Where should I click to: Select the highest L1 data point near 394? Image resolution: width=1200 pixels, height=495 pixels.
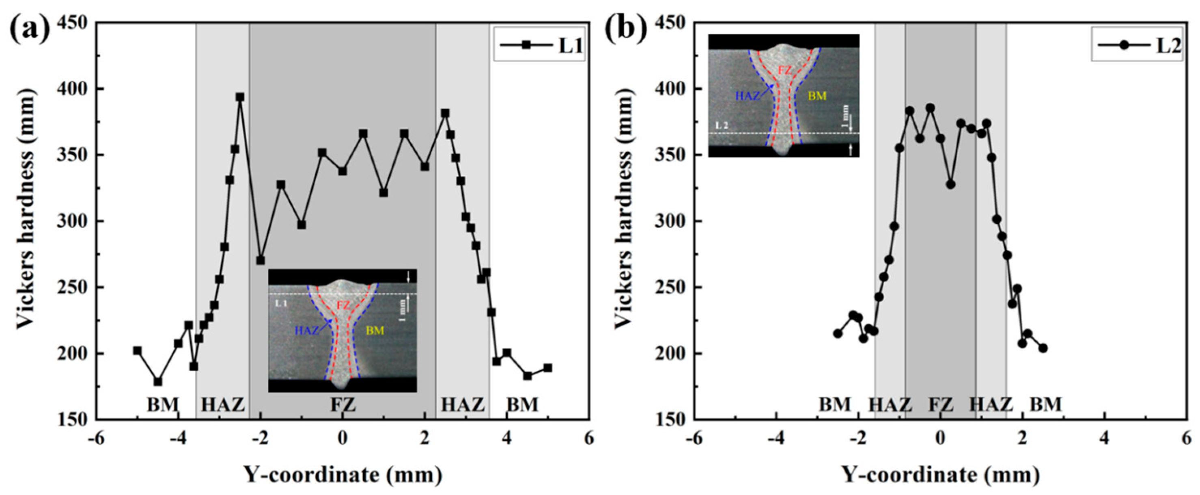coord(240,97)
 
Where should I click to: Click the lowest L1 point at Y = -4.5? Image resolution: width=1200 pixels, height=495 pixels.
coord(158,381)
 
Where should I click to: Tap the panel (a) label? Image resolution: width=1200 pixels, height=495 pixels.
coord(29,29)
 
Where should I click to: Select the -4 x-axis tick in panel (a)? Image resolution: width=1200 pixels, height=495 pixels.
coord(178,439)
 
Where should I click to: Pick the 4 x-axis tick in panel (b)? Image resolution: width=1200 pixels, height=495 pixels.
coord(1104,439)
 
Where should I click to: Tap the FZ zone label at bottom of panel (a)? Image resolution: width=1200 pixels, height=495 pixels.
coord(343,404)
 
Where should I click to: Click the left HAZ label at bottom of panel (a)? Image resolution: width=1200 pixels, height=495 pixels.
coord(223,404)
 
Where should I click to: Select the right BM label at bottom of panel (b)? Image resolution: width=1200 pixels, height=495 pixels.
coord(1045,404)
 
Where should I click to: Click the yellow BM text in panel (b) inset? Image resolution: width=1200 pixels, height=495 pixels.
coord(817,96)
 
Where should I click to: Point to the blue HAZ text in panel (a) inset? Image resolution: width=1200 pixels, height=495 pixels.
coord(306,331)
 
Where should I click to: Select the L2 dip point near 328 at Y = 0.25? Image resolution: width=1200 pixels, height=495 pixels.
coord(951,185)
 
